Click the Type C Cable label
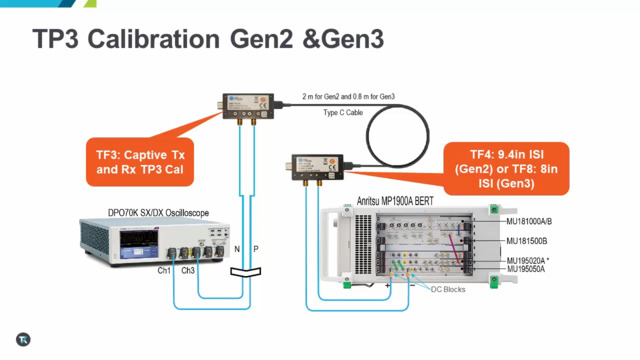tap(341, 114)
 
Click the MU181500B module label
tap(531, 241)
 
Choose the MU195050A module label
tap(530, 269)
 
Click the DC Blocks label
tap(450, 289)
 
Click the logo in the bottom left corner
tap(23, 340)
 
